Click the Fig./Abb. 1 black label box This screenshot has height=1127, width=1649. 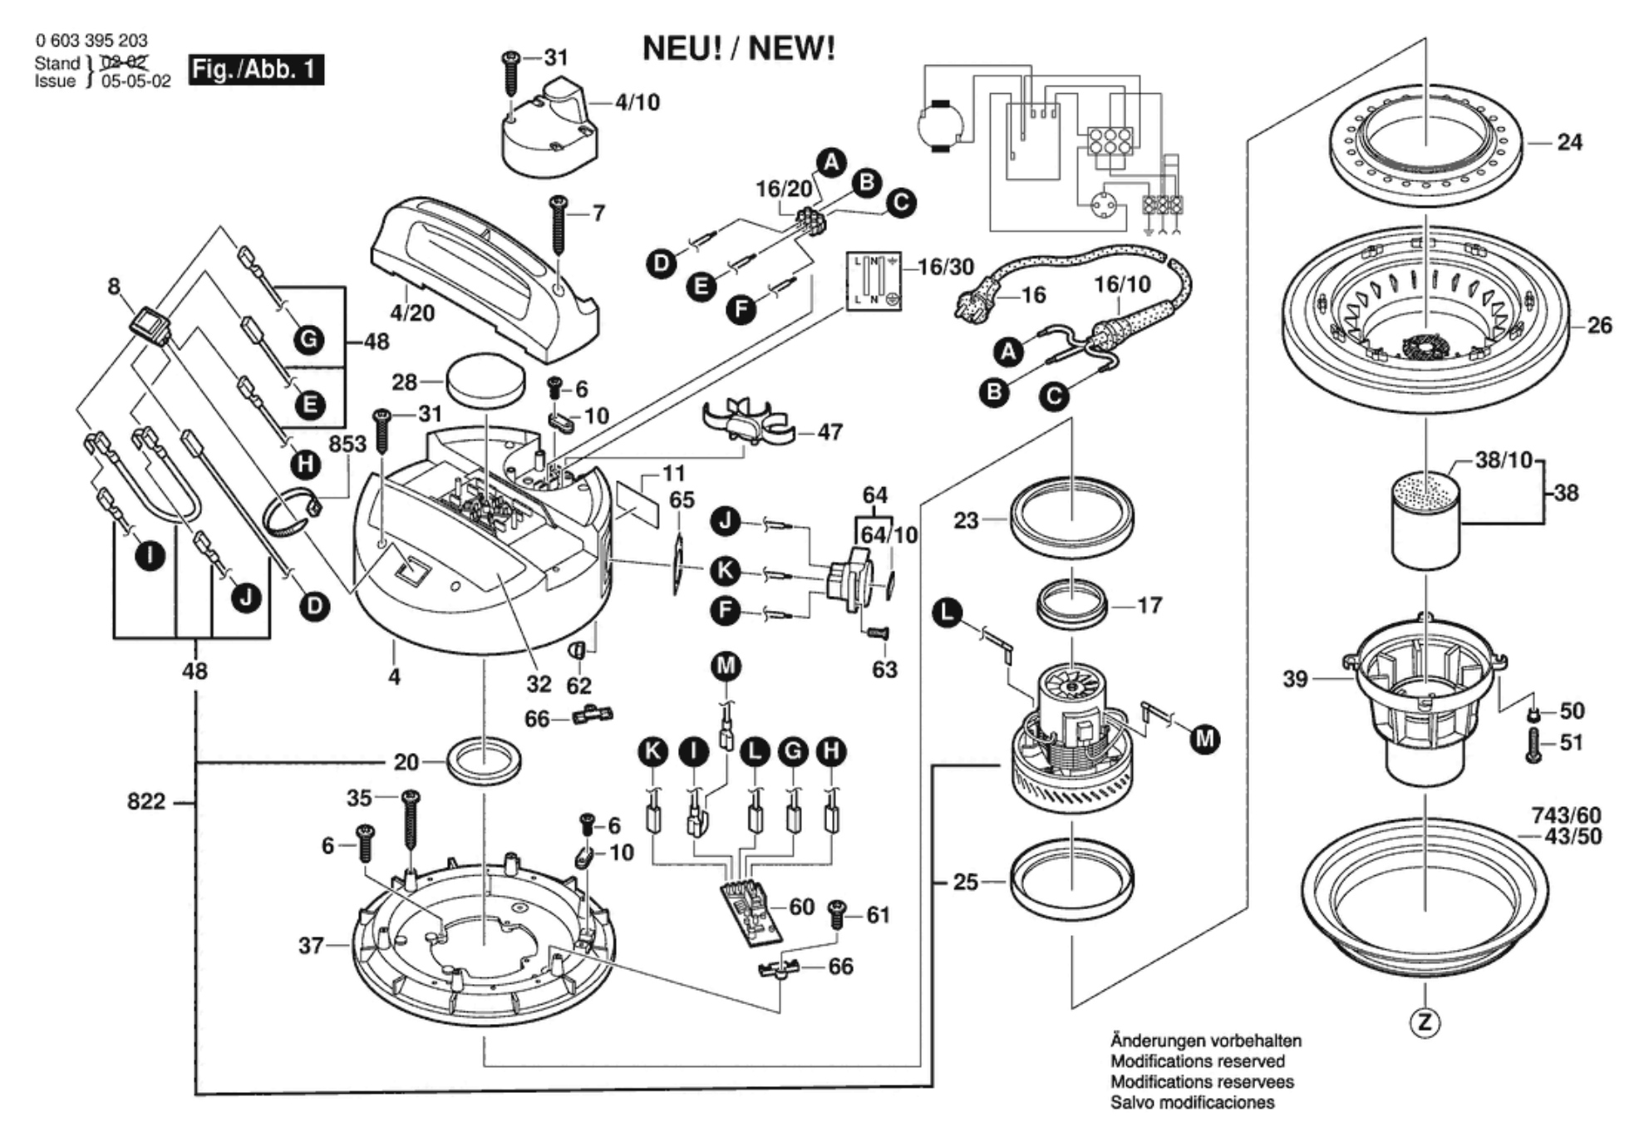255,69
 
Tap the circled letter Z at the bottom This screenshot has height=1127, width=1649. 1425,1022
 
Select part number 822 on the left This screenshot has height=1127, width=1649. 146,802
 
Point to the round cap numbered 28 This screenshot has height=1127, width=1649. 486,380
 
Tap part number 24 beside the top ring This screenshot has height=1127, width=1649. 1569,142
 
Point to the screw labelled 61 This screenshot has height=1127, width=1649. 838,917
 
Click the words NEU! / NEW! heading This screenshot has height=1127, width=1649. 739,48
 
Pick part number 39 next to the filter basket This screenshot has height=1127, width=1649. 1295,680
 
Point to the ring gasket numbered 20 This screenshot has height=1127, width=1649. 484,760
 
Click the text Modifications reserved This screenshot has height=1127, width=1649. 1198,1061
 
